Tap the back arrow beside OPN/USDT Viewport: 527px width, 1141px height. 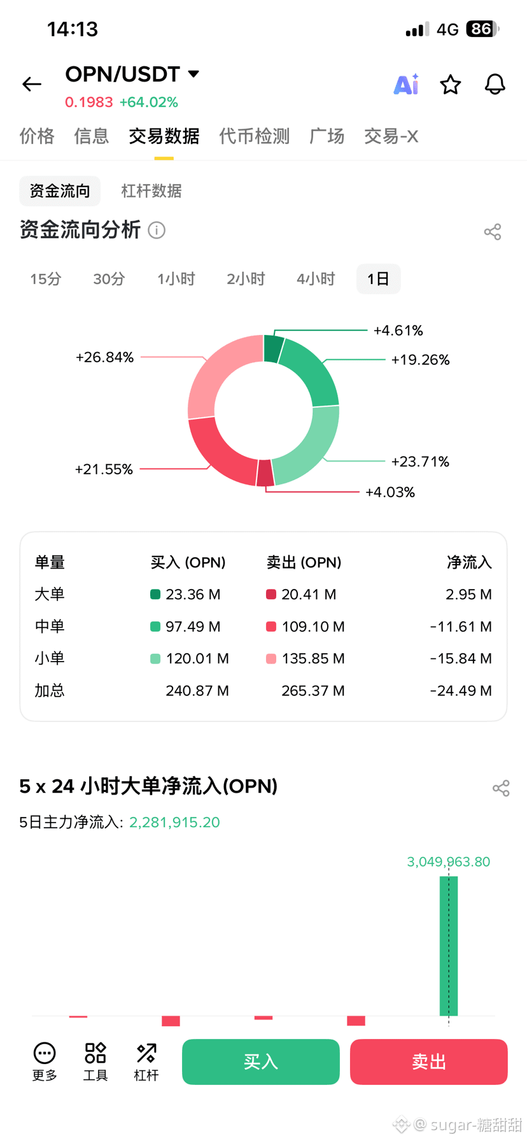32,84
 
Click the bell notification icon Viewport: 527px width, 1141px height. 495,84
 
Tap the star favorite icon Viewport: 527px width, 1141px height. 451,84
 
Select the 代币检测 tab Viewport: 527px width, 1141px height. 254,136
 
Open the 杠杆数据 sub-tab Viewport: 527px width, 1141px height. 151,191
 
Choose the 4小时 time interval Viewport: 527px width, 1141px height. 316,279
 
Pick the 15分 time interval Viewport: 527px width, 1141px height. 46,279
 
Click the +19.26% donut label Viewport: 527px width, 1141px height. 420,360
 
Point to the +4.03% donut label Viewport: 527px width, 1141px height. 390,492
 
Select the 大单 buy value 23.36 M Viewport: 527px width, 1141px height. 193,595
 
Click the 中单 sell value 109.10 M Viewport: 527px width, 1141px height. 313,627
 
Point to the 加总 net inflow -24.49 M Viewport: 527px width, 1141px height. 461,691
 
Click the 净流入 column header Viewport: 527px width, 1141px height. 469,562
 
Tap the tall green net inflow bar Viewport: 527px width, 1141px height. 449,946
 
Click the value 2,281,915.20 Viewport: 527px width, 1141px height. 174,822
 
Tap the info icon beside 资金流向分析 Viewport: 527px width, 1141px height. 157,230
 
